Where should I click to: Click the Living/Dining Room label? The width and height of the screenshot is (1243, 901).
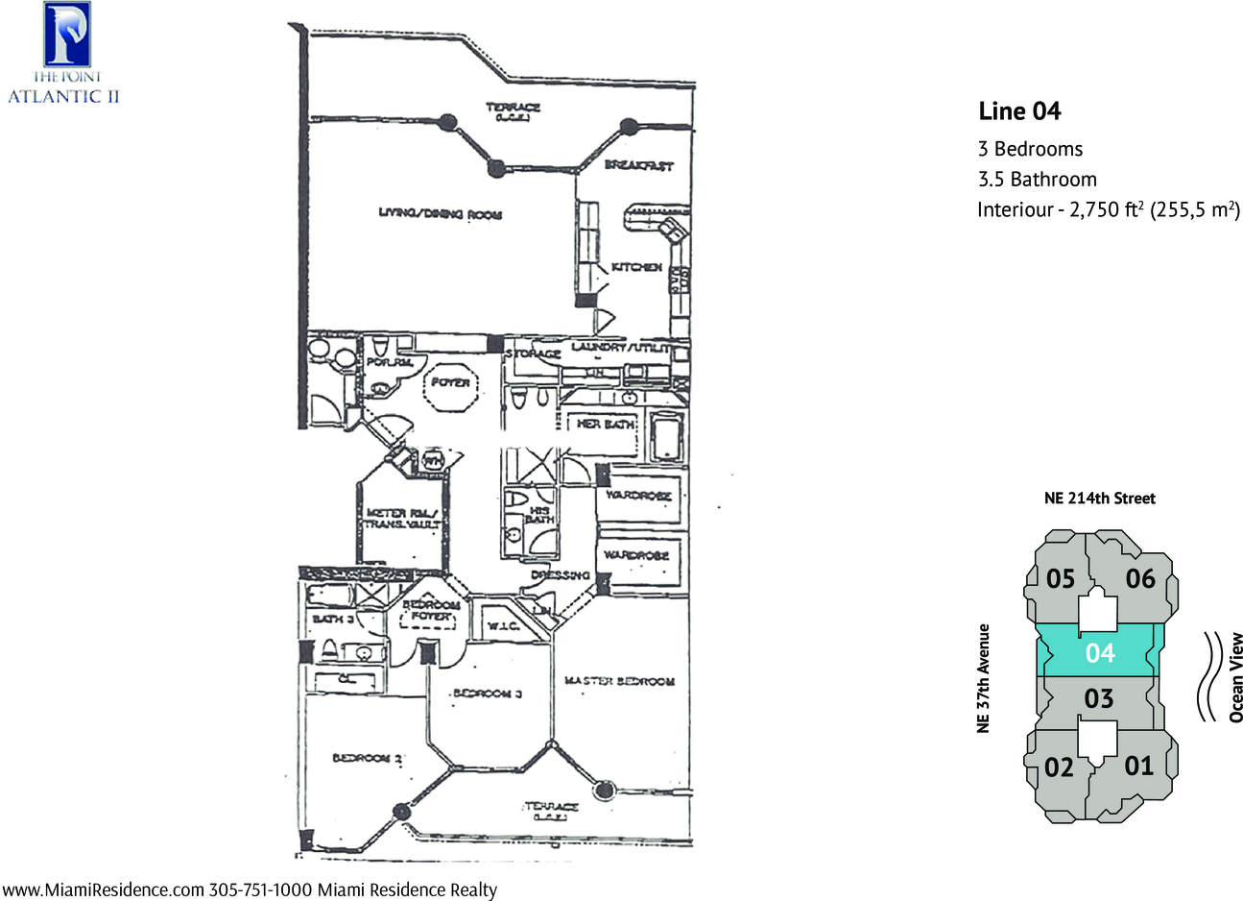[440, 213]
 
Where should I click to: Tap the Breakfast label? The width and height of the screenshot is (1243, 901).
[638, 165]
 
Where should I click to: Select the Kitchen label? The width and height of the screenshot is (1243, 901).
[636, 267]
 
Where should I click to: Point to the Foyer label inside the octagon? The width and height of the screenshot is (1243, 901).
[450, 382]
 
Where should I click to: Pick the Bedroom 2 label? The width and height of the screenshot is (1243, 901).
[367, 759]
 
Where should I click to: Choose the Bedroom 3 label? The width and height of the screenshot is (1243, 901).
[488, 694]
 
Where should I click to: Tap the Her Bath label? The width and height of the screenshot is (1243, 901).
[606, 424]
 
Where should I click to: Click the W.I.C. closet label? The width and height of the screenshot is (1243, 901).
[503, 626]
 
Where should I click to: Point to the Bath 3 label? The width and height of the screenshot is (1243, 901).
[333, 620]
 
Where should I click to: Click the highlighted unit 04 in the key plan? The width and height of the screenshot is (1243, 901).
[1100, 653]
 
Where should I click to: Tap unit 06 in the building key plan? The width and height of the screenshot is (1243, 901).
[1139, 578]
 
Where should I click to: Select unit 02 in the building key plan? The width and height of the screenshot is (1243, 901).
[1059, 767]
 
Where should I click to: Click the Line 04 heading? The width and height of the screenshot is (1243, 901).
[1019, 111]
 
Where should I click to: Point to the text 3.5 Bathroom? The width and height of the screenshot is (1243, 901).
[1037, 179]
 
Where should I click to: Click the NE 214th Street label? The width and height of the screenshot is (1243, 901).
[1099, 498]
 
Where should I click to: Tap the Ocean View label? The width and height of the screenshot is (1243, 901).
[1235, 676]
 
